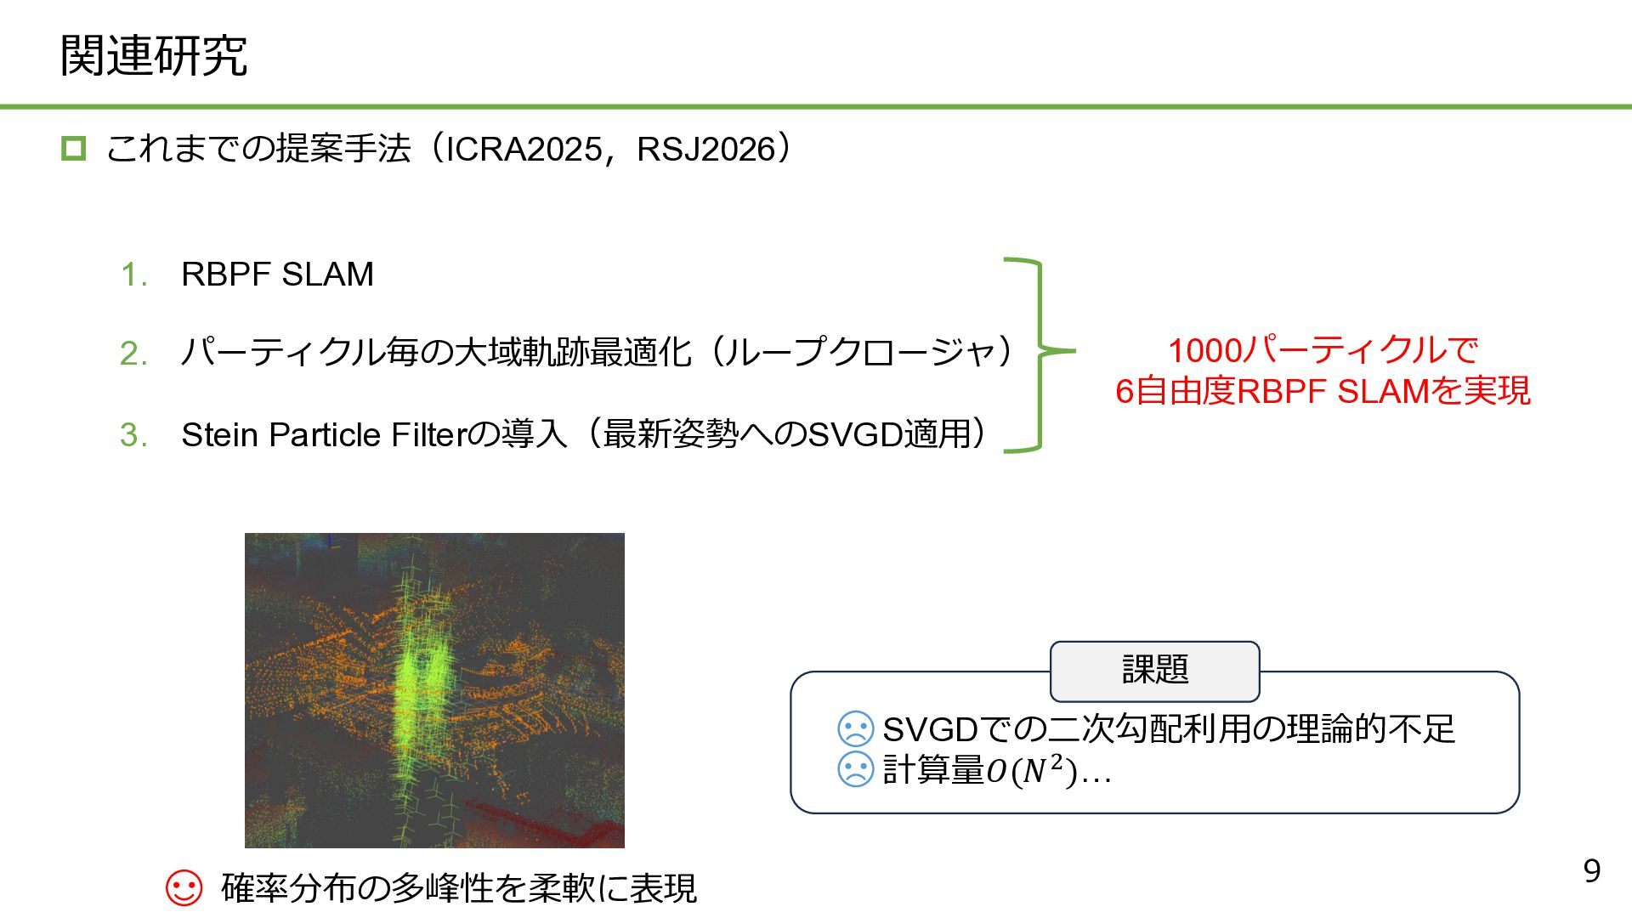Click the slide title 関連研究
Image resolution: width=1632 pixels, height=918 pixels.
(154, 56)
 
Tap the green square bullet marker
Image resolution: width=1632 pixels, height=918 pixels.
(73, 149)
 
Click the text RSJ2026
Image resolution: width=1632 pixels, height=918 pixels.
(705, 150)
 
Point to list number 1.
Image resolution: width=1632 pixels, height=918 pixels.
(134, 275)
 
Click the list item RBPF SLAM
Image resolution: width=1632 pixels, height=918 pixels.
(277, 275)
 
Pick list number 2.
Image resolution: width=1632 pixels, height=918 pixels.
(134, 354)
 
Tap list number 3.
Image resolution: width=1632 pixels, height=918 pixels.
(134, 435)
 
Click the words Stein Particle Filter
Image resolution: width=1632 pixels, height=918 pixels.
(323, 435)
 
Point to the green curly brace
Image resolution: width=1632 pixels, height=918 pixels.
(1039, 354)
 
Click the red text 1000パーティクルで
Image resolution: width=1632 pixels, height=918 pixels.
(1323, 350)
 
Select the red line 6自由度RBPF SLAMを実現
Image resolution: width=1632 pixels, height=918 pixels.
(1323, 392)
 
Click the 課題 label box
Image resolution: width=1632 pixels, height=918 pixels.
(1154, 671)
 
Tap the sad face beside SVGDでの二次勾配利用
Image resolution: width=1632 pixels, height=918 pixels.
(855, 728)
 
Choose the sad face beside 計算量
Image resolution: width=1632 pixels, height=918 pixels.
(855, 769)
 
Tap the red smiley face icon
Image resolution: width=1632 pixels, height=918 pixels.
(184, 888)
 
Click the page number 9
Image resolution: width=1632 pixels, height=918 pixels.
(1591, 871)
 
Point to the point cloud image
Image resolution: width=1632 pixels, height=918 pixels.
(434, 690)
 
